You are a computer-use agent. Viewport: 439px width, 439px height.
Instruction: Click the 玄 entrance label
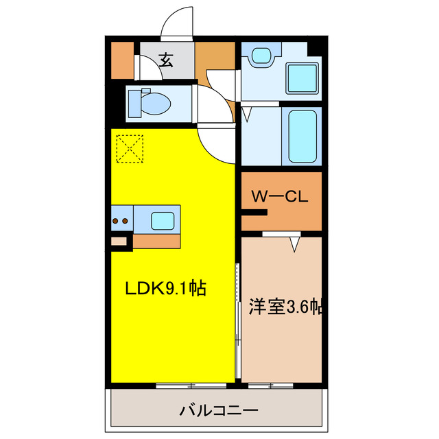(167, 60)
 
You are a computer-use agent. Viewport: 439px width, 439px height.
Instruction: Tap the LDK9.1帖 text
(165, 289)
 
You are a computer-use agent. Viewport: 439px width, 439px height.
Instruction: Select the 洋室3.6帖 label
(281, 307)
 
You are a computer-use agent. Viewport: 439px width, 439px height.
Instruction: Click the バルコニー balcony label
(219, 411)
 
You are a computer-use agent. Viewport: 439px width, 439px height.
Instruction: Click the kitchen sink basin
(163, 220)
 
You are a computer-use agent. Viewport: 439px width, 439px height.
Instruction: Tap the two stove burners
(121, 220)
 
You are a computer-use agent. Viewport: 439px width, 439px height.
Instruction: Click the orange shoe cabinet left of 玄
(123, 60)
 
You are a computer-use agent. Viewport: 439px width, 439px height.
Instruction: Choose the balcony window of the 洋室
(271, 385)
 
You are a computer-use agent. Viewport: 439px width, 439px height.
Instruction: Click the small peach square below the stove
(119, 241)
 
